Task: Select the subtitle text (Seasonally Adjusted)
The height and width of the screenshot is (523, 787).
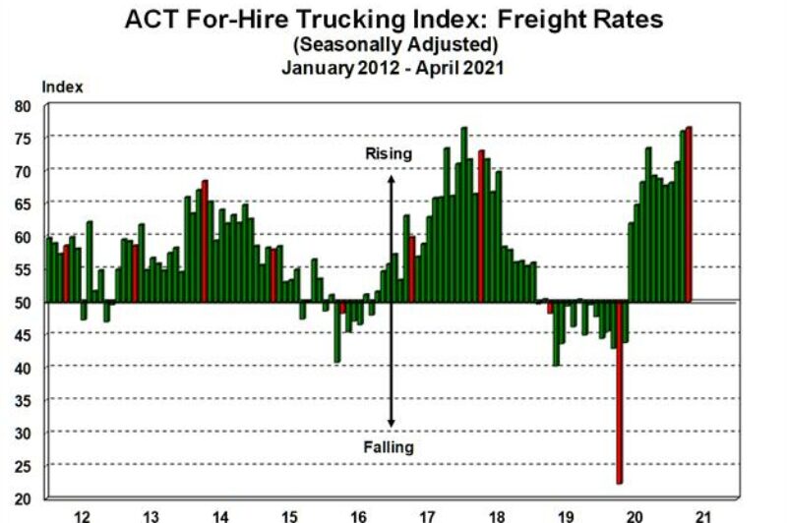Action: click(x=393, y=44)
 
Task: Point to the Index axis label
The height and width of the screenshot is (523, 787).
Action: click(x=62, y=87)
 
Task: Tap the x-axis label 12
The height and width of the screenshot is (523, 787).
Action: click(x=82, y=514)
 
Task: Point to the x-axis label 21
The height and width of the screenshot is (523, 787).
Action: click(x=702, y=514)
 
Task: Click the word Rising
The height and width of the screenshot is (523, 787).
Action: click(x=389, y=153)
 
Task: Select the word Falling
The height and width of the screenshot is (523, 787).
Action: click(x=389, y=447)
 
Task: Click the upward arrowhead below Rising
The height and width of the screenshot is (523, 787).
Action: click(x=391, y=180)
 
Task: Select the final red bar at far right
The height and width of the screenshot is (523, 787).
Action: click(x=690, y=214)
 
